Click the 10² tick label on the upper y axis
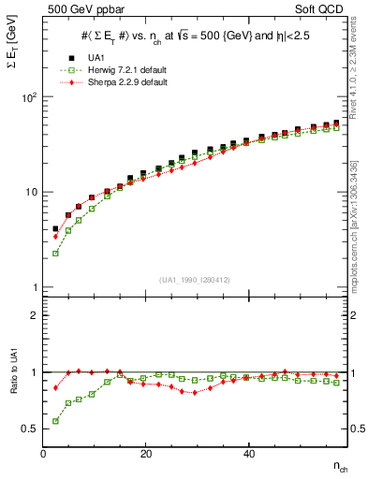30,97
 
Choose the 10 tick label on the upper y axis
32,192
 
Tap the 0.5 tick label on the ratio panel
29,428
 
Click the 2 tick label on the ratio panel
34,315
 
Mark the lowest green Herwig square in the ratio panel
55,421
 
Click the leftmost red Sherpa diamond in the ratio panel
55,387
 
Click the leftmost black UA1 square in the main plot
55,228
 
